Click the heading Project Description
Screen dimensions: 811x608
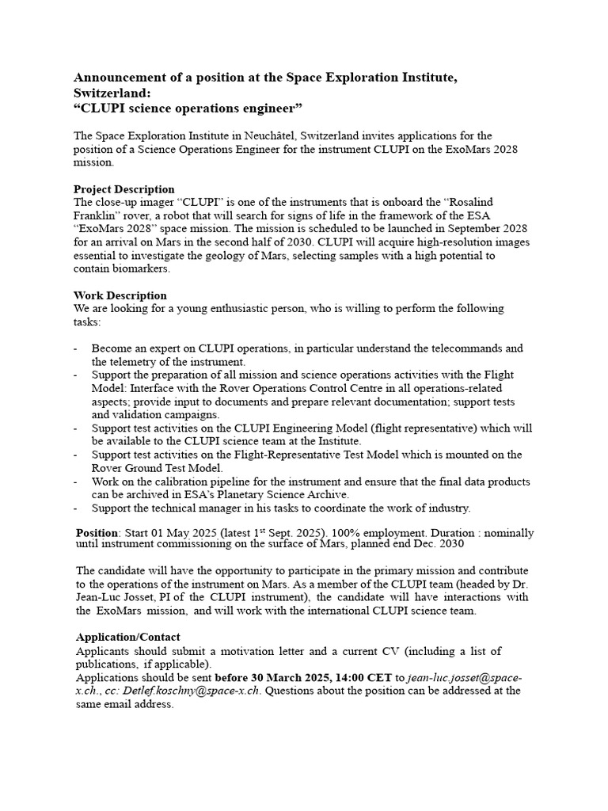point(123,189)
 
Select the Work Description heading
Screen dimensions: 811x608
point(120,295)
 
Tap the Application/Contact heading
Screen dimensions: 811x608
point(127,637)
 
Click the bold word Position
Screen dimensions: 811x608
point(97,533)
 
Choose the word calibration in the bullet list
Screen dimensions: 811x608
point(174,482)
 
